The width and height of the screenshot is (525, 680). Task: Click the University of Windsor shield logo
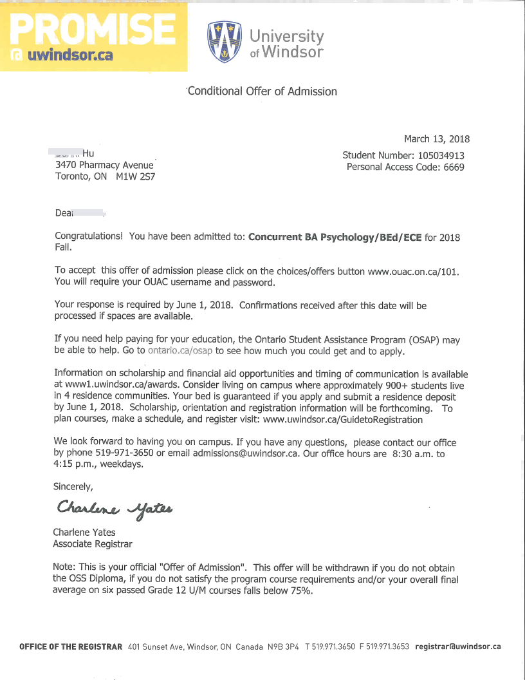tap(224, 42)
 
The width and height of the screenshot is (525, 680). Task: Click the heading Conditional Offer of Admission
tap(262, 91)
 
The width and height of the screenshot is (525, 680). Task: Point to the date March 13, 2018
tap(437, 139)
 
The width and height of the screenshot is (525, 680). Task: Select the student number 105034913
tap(434, 155)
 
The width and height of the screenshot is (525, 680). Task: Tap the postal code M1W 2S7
tap(136, 176)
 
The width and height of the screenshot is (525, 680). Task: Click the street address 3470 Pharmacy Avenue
tap(104, 165)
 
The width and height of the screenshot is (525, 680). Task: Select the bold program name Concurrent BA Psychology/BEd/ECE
tap(335, 237)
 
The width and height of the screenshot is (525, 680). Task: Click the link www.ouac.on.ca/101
tap(413, 271)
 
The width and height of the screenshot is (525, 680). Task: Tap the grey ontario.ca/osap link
tap(180, 351)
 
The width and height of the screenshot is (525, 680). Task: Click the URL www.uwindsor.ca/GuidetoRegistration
tap(343, 420)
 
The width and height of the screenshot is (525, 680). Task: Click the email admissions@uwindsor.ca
tap(246, 453)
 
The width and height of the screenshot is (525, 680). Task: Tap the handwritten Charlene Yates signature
tap(114, 509)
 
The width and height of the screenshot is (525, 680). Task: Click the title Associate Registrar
tap(93, 544)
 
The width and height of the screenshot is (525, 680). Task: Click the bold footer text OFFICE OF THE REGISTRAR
tap(71, 647)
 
